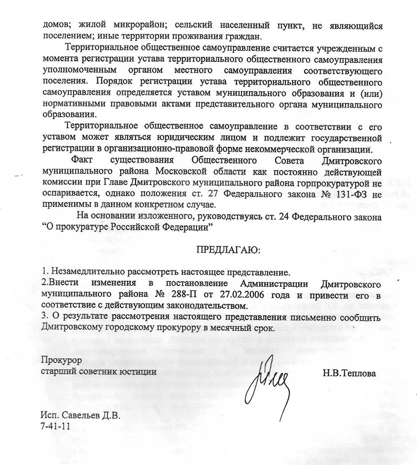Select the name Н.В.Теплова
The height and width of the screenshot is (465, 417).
pos(349,373)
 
